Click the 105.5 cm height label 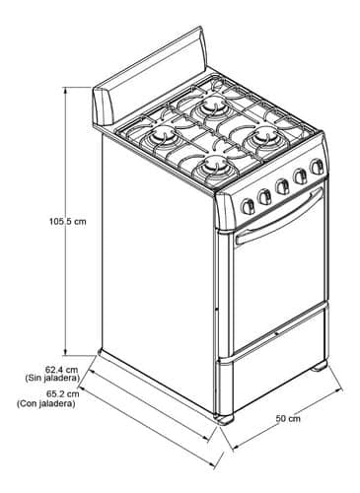(x=67, y=221)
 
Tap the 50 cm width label (x=287, y=420)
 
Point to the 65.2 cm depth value (x=39, y=392)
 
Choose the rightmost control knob (x=317, y=168)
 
